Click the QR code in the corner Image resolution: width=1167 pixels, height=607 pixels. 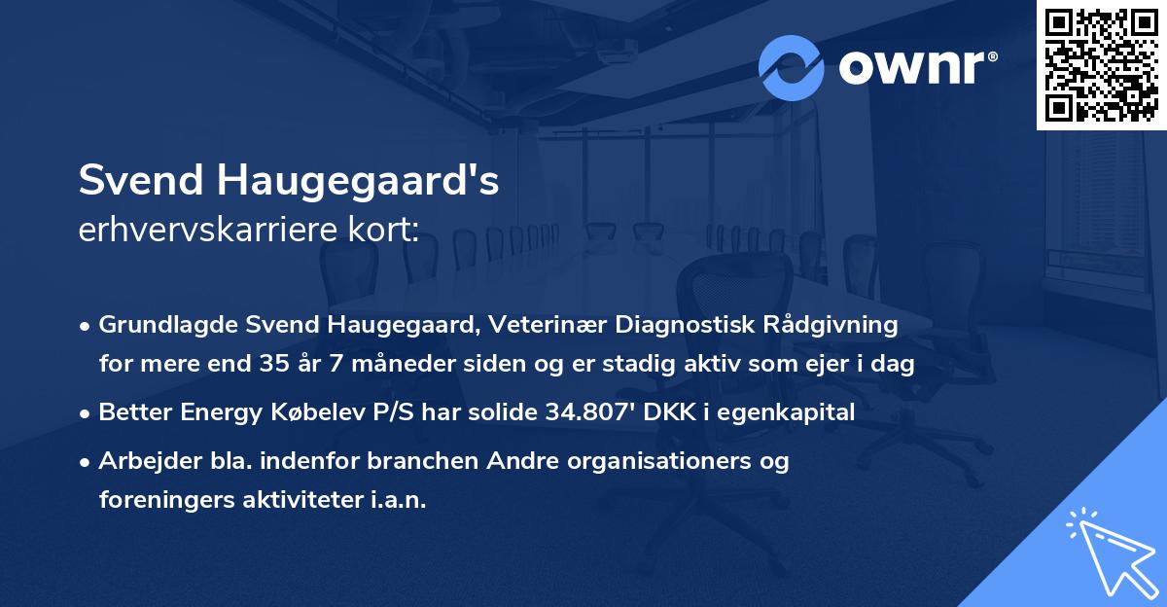pos(1102,65)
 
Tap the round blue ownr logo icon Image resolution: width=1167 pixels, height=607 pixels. pos(792,68)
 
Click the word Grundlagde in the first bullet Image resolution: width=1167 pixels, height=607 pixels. pos(159,324)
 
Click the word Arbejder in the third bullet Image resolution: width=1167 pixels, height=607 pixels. pos(142,461)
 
